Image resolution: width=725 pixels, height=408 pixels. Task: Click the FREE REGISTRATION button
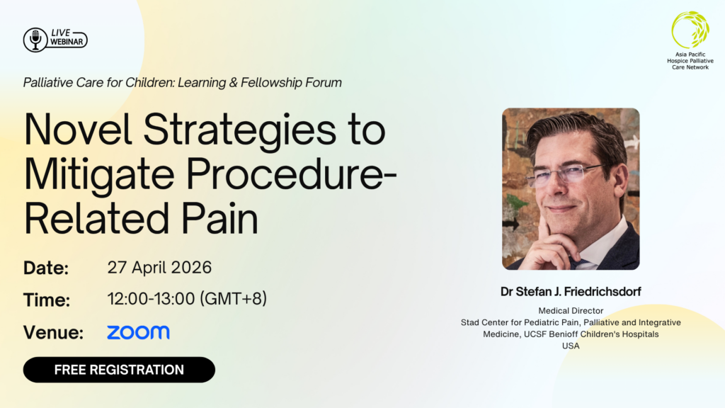[119, 370]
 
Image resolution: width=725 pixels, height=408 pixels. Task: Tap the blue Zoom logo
[138, 332]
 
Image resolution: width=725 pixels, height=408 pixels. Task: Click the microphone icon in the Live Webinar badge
[35, 40]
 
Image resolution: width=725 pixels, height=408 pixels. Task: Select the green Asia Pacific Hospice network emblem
[690, 30]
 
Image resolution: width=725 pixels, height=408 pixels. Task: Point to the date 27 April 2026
[159, 267]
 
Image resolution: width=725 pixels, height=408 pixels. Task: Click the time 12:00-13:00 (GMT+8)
[187, 299]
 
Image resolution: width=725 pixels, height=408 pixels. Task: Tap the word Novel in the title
[78, 130]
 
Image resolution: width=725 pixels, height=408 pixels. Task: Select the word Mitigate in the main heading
[99, 176]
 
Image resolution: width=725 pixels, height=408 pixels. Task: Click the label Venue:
[53, 332]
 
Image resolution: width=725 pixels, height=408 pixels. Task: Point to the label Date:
[46, 268]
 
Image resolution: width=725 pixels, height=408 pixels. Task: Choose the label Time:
[47, 300]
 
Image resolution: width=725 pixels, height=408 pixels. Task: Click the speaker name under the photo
[571, 291]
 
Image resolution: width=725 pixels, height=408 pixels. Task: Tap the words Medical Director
[571, 311]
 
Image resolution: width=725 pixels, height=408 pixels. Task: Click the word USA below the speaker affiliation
[571, 346]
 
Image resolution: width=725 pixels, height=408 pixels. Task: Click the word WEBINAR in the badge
[67, 42]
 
